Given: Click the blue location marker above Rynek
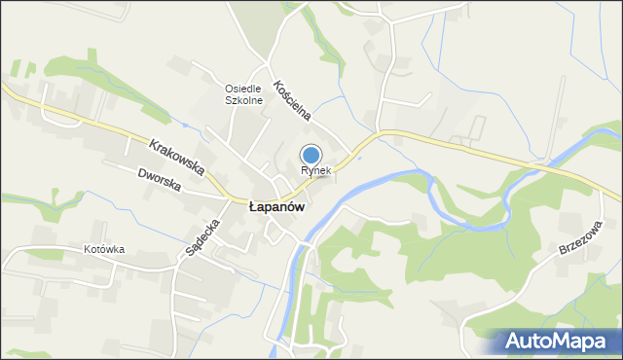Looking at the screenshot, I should click(311, 155).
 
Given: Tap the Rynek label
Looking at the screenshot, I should click(315, 170).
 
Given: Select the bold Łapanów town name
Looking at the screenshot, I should click(277, 207).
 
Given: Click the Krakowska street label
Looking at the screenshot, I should click(177, 157).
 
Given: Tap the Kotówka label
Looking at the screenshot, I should click(104, 250).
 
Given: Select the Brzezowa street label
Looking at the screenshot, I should click(581, 237).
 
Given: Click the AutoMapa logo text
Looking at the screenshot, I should click(561, 341).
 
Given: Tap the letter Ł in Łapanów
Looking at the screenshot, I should click(254, 207).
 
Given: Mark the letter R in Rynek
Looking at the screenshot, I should click(305, 170).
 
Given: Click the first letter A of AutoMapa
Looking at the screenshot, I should click(515, 341).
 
